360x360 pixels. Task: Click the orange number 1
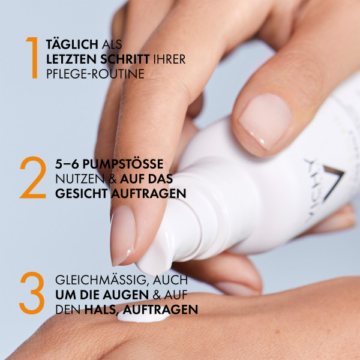(32, 58)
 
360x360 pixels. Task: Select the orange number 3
(32, 294)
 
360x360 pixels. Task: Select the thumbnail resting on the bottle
(265, 119)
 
